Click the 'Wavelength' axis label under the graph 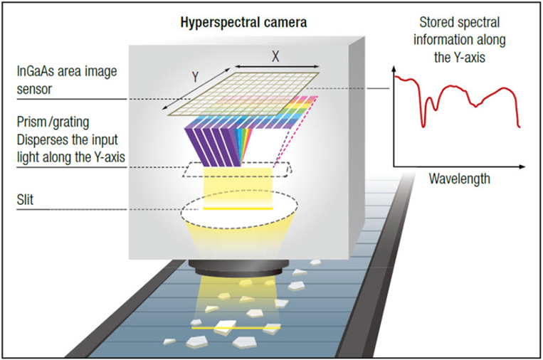[459, 178]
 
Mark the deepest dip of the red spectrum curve [423, 127]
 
